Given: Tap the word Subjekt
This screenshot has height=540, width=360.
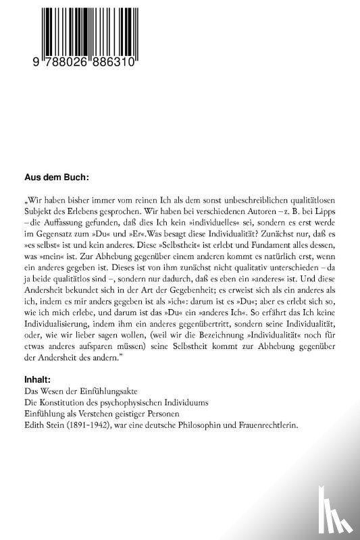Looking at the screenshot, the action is (x=38, y=213).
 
